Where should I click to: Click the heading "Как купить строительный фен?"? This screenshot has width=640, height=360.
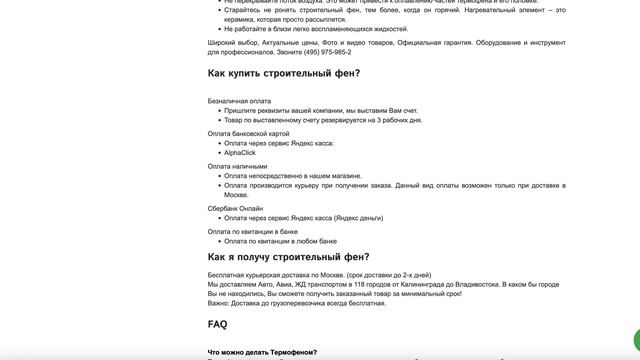pos(284,74)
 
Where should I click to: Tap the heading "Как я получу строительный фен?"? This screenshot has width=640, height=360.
pos(288,257)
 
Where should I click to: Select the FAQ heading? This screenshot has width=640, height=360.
pos(217,324)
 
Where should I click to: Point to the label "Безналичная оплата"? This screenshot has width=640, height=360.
pos(239,101)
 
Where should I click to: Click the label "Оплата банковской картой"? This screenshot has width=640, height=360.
pos(248,133)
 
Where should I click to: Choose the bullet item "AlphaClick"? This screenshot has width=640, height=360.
pos(240,153)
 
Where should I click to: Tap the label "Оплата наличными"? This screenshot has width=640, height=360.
pos(237,166)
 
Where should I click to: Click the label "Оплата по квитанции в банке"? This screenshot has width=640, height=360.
pos(252,231)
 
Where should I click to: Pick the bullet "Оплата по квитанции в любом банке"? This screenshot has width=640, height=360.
pos(280,241)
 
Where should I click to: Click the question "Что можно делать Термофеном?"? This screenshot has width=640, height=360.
pos(262,352)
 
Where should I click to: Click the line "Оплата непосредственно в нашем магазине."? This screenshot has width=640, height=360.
pos(290,176)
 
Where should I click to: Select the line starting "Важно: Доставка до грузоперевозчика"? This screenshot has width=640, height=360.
pos(296,303)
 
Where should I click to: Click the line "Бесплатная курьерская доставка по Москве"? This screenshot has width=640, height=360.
pos(319,274)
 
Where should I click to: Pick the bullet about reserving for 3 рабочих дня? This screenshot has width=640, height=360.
pos(322,120)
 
